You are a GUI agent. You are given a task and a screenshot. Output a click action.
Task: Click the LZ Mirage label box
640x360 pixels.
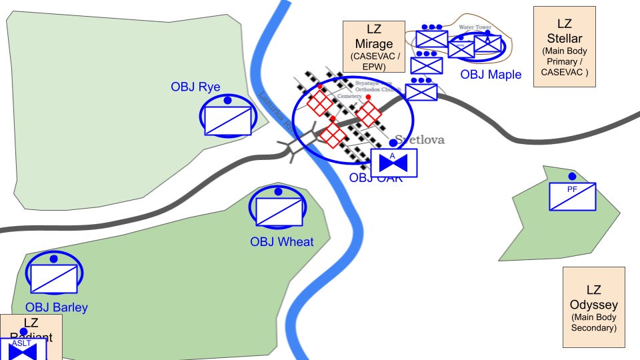pos(373,46)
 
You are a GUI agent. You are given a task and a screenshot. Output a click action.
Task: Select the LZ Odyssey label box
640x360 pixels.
pos(593,307)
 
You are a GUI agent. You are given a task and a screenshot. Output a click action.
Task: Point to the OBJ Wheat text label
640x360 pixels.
pos(281,241)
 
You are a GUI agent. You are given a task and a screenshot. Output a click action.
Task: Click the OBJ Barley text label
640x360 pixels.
pos(57,307)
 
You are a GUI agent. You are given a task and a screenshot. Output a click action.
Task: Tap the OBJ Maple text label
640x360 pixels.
pos(491,74)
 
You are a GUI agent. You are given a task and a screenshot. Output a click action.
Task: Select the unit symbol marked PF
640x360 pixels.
pos(572,197)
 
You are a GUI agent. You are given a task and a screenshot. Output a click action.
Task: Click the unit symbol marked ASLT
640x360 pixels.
pos(22,349)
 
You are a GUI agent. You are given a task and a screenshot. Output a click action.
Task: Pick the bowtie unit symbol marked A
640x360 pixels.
pos(393,163)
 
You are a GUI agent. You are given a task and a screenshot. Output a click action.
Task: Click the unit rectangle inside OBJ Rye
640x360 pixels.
pos(227,121)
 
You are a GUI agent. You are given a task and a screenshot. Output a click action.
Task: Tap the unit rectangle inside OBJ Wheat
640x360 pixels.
pos(279,211)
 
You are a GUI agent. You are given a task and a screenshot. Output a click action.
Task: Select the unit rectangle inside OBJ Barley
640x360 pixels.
pos(54,278)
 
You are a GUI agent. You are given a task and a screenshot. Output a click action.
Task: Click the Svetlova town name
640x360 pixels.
pos(419,140)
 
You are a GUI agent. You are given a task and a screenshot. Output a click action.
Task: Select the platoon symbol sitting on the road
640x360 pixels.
pos(421,92)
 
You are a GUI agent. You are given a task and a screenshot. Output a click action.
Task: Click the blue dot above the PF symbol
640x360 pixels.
pos(572,177)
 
